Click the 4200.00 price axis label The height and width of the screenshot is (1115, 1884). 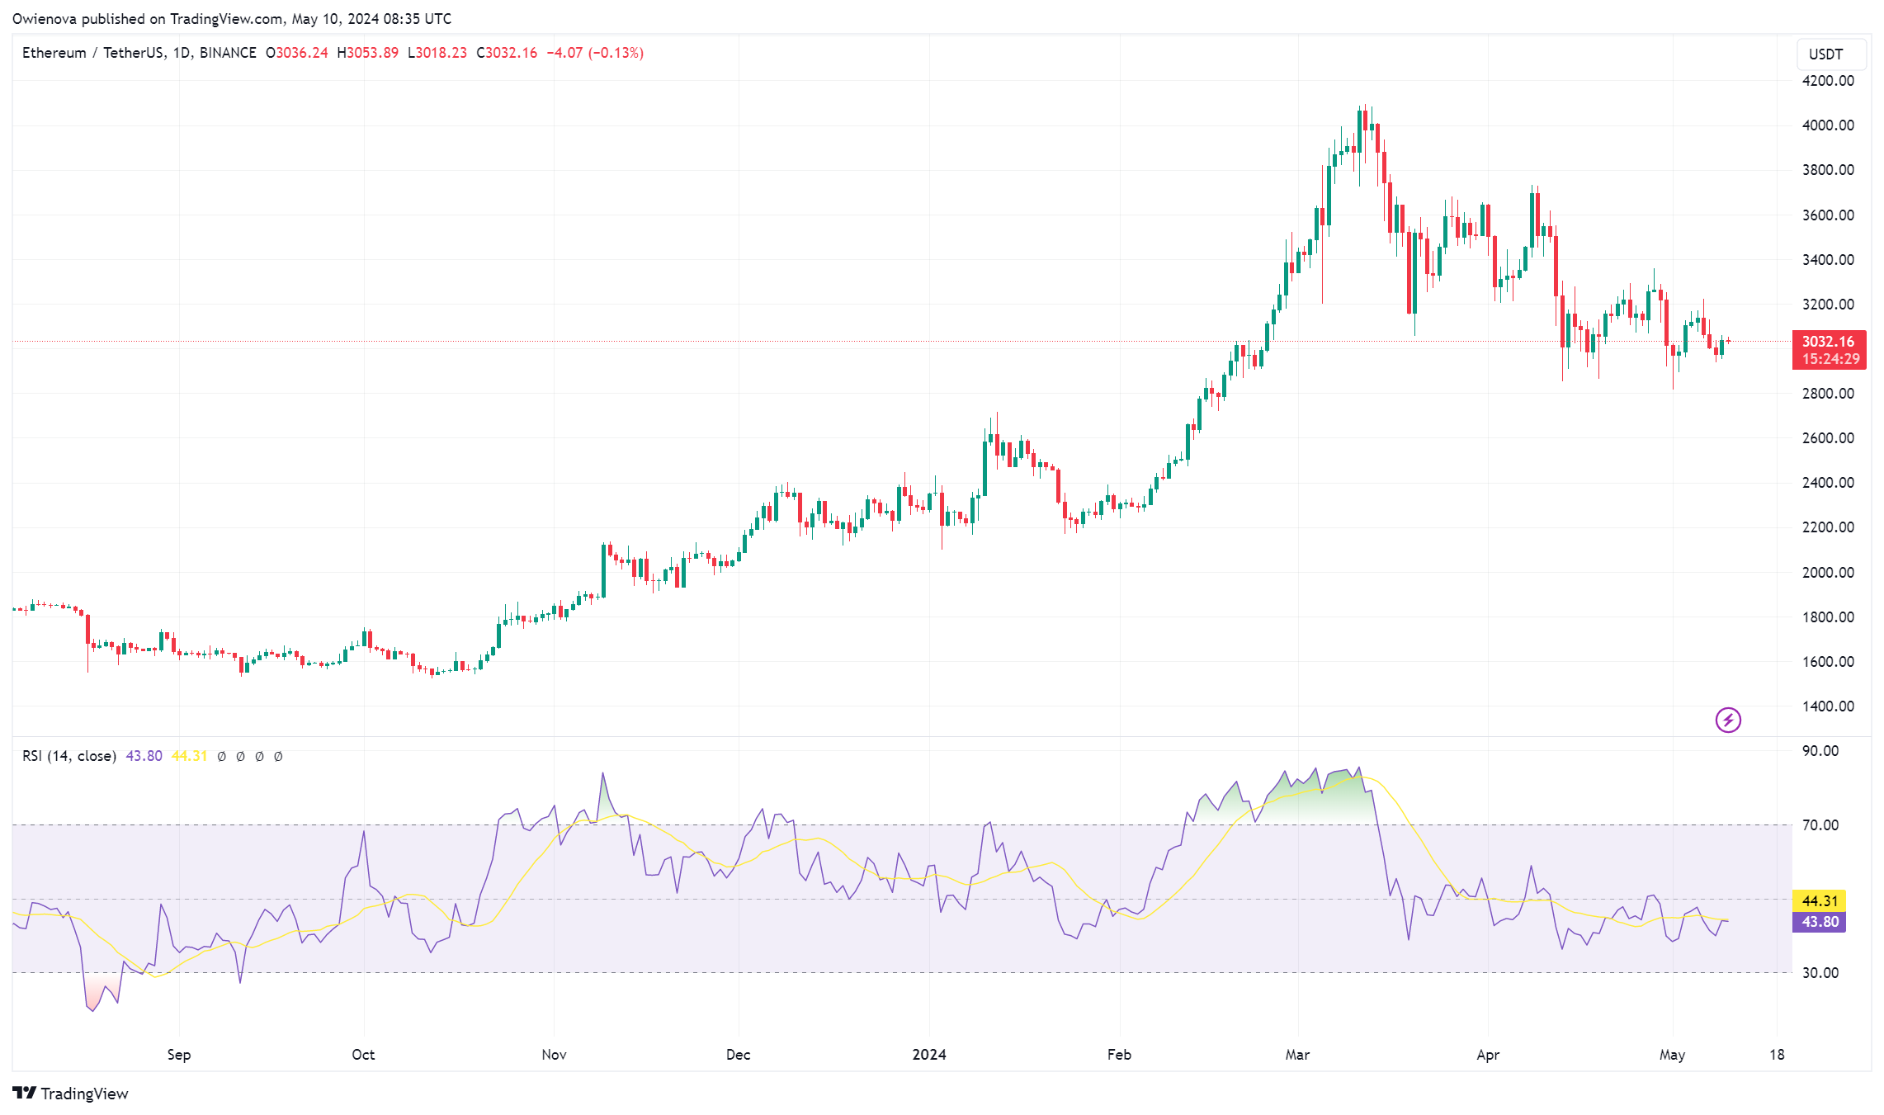tap(1827, 81)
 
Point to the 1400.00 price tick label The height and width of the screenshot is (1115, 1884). tap(1827, 706)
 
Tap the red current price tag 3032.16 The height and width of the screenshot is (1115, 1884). tap(1828, 342)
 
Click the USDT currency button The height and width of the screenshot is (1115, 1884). tap(1825, 54)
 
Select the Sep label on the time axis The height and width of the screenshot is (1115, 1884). tap(179, 1055)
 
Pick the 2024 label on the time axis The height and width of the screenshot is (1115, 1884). tap(929, 1055)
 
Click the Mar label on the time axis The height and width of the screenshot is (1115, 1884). tap(1297, 1055)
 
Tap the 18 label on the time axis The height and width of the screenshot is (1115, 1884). tap(1777, 1055)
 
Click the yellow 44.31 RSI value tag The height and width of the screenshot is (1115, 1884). tap(1819, 901)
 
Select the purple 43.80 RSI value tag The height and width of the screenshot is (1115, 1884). tap(1819, 922)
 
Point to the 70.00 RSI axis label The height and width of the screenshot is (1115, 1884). tap(1820, 825)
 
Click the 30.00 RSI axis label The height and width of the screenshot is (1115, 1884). tap(1820, 973)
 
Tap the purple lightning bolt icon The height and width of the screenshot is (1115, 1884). tap(1728, 720)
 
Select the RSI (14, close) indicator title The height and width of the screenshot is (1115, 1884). tap(69, 756)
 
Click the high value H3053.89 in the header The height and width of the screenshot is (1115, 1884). tap(367, 53)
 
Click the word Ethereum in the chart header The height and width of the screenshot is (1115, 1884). tap(54, 53)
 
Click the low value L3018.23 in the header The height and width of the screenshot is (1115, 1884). tap(437, 53)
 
